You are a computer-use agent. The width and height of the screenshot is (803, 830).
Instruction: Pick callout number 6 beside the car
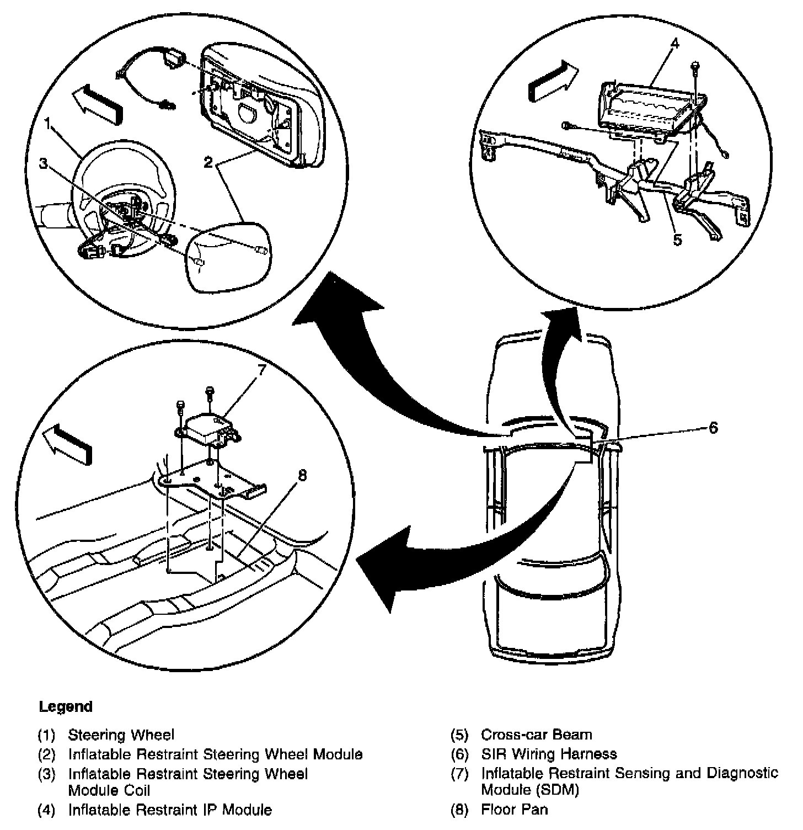point(713,428)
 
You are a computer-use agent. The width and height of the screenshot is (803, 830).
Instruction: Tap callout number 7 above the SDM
point(261,370)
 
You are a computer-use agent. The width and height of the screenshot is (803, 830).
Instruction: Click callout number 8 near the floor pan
point(302,475)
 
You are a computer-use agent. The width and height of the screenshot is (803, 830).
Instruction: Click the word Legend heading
point(66,706)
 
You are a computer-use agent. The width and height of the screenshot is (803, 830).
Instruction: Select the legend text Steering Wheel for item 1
point(121,735)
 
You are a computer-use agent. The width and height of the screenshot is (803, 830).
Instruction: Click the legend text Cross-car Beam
point(536,735)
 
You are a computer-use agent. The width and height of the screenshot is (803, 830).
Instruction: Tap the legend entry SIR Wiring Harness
point(549,754)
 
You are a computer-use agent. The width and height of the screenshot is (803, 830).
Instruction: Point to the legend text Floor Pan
point(515,810)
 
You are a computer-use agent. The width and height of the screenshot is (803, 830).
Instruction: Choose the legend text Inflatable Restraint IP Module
point(170,810)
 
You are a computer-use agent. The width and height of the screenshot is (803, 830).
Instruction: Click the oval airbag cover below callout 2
point(230,254)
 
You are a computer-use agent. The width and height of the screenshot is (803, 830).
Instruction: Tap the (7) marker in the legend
point(459,773)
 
